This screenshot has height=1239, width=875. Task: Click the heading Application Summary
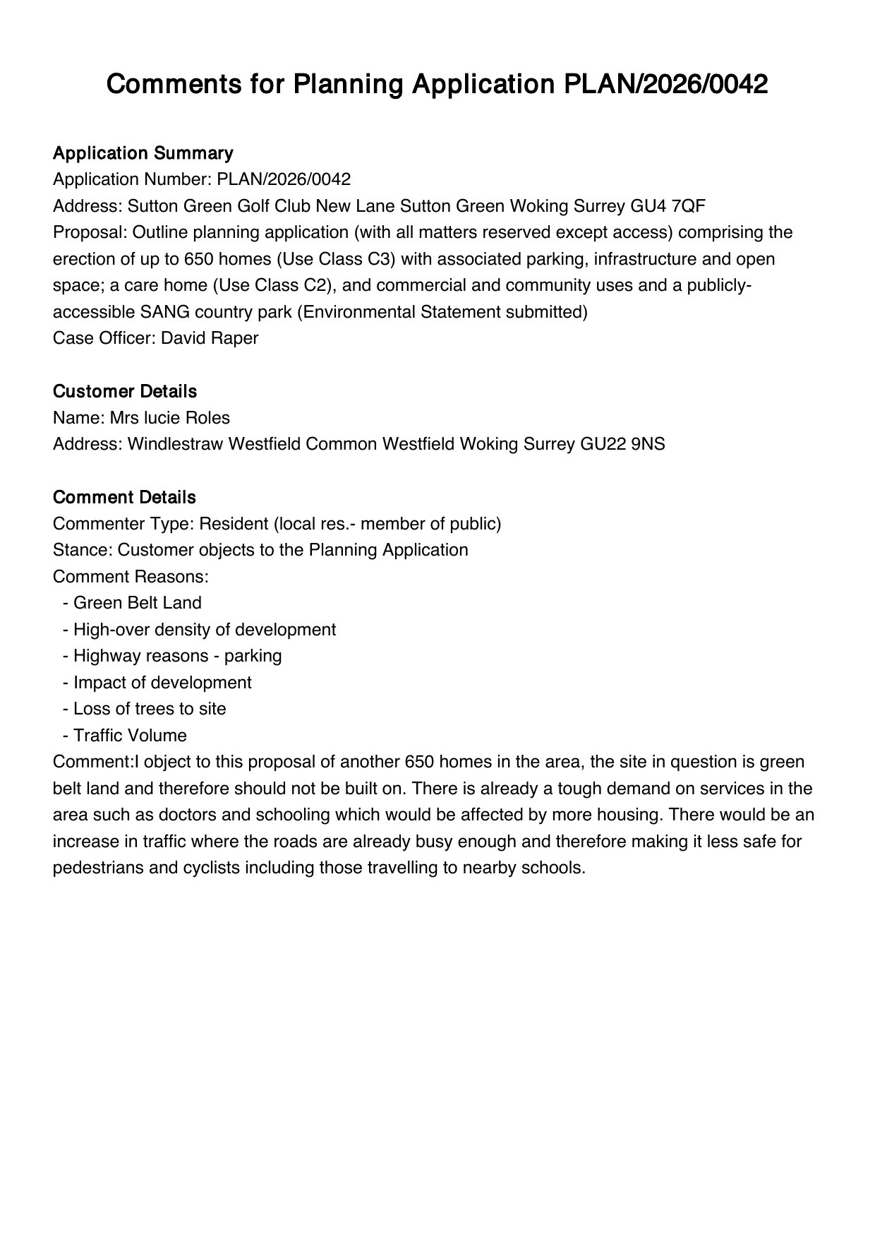143,153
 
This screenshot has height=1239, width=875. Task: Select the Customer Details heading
125,391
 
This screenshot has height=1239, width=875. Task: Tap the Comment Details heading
124,497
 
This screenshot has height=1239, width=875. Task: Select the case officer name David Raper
210,337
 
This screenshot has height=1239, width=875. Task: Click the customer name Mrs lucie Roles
169,418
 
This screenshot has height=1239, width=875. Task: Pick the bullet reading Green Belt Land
137,603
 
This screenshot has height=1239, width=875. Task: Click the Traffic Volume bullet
130,736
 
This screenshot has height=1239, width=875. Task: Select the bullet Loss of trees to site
150,709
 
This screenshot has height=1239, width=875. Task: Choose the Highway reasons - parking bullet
177,656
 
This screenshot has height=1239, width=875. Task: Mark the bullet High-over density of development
204,630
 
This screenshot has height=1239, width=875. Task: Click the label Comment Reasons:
131,577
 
